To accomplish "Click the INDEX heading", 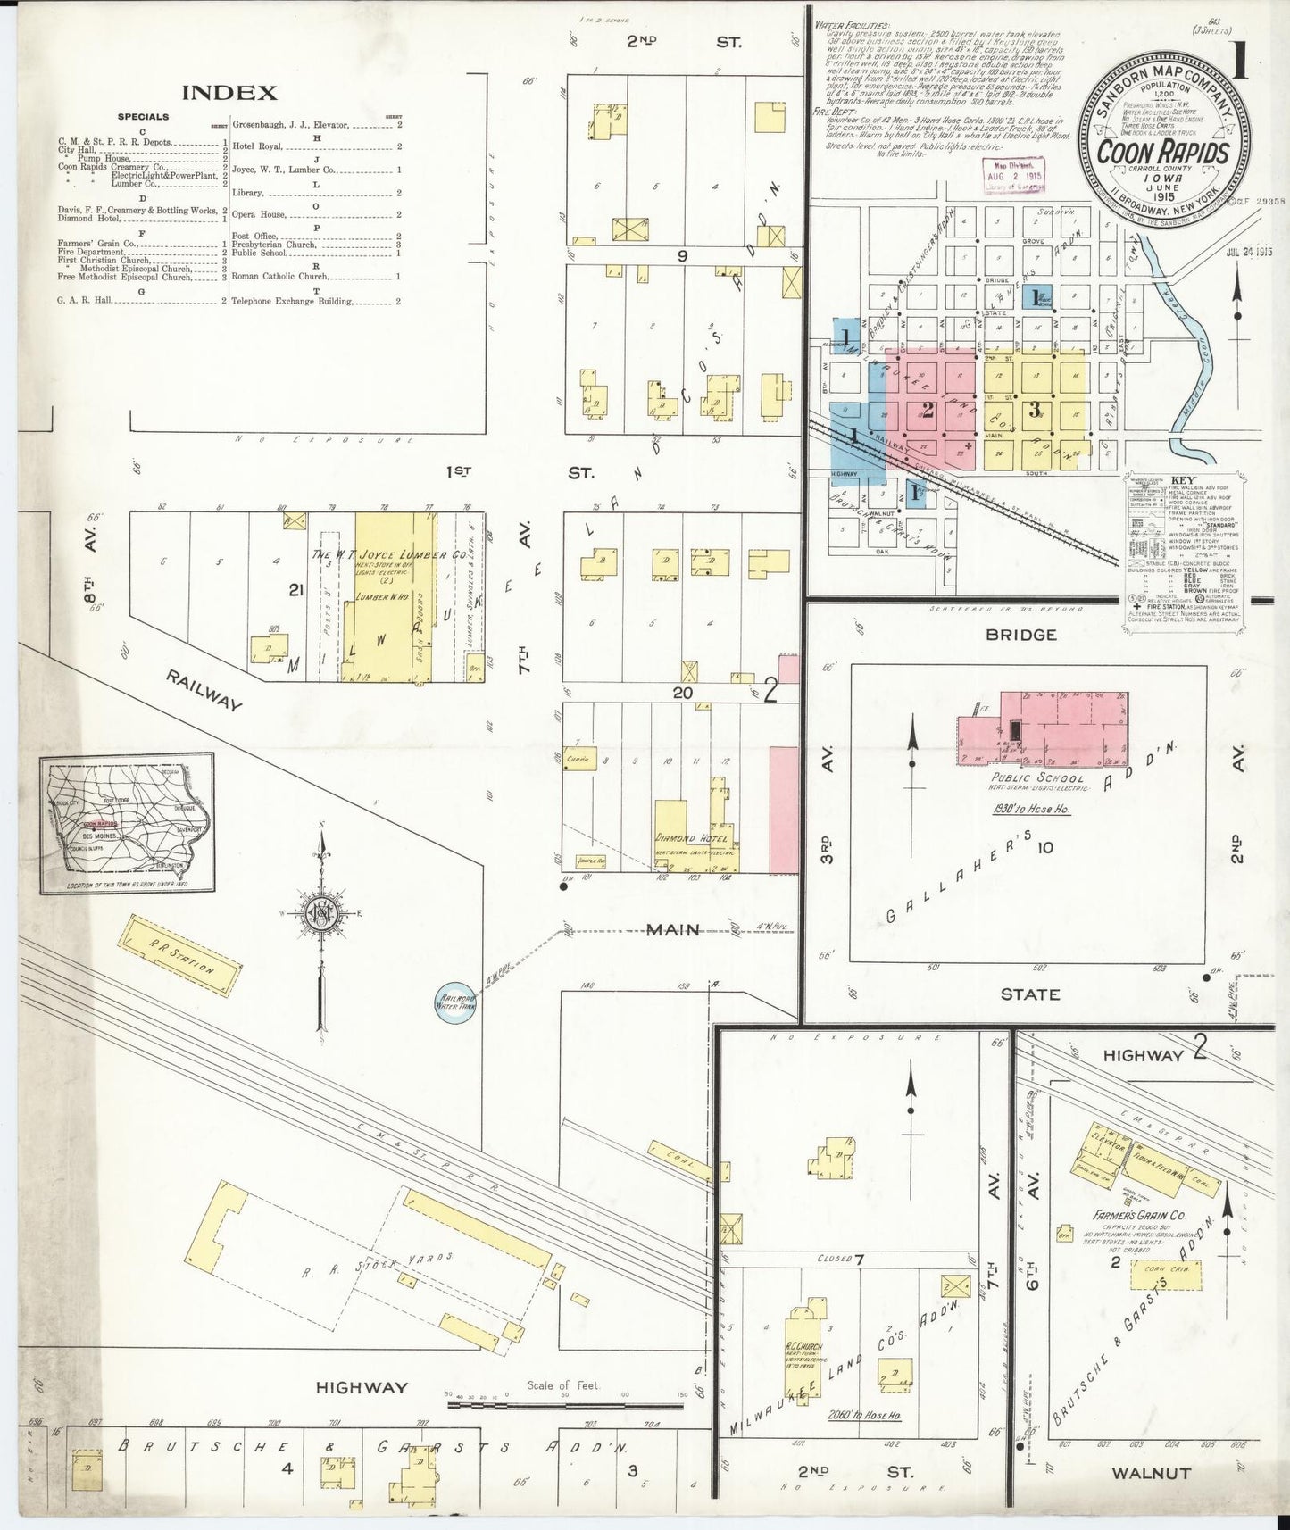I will pos(229,93).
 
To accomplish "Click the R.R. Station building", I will pos(181,956).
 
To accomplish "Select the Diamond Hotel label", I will pos(693,840).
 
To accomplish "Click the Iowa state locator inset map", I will pos(127,823).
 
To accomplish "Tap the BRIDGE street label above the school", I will pos(1034,635).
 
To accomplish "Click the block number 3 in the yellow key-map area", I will pos(1034,412).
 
